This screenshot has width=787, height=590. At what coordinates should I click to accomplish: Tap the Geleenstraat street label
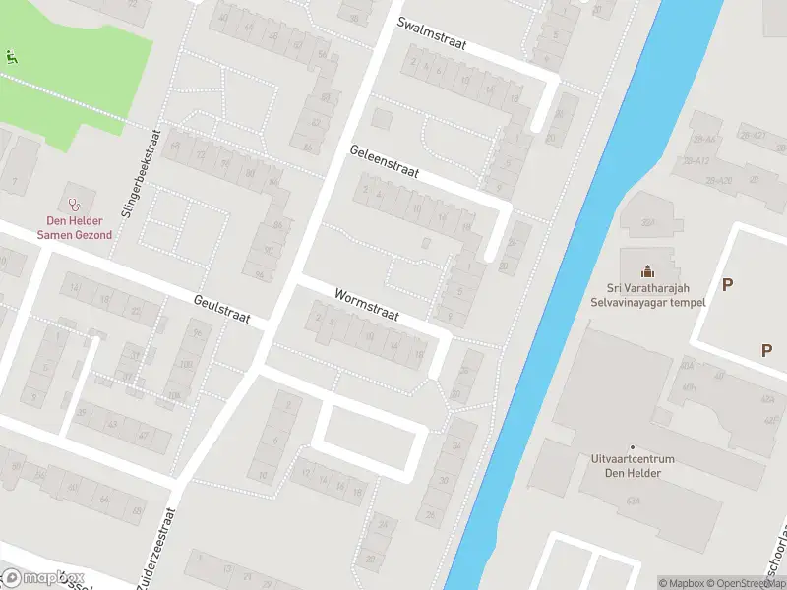tap(385, 162)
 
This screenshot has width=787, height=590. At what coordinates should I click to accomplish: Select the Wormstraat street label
tap(366, 305)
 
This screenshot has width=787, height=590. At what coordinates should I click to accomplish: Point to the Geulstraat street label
tap(222, 309)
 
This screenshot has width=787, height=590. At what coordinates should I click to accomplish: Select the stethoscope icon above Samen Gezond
tap(74, 204)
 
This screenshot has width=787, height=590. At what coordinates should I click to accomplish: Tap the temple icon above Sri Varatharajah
tap(647, 270)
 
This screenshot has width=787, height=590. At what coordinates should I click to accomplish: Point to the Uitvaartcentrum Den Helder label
tap(633, 466)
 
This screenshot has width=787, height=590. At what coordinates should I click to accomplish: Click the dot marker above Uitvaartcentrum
tap(633, 447)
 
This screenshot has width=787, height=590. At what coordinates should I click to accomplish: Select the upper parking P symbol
tap(727, 285)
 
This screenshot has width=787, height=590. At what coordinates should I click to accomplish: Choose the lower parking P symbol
tap(766, 349)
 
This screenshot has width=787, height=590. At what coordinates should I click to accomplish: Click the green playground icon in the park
tap(11, 56)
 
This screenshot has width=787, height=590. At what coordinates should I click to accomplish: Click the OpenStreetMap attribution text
tap(742, 583)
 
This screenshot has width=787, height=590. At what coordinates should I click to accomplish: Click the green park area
tap(79, 88)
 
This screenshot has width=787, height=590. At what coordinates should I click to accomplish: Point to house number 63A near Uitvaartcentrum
tap(632, 500)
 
